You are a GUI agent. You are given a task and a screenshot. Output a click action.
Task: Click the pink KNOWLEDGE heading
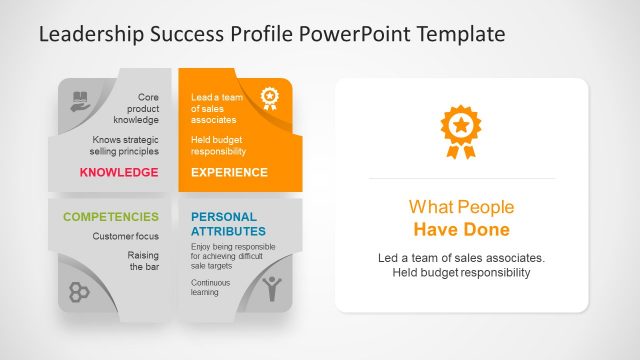click(119, 172)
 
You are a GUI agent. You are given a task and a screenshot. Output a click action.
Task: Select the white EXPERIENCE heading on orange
click(229, 172)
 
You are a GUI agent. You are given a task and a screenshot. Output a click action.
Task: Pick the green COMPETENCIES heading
click(110, 216)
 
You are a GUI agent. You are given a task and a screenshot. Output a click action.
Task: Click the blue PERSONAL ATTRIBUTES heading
click(224, 223)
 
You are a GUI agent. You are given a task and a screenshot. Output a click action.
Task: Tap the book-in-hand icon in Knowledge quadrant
click(81, 100)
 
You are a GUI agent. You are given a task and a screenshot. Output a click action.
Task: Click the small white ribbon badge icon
click(269, 98)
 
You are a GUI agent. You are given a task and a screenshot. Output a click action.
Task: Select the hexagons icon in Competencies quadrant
click(81, 291)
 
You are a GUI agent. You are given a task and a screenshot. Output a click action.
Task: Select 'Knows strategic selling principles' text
click(125, 145)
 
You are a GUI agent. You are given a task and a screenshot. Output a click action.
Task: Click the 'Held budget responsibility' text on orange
click(218, 145)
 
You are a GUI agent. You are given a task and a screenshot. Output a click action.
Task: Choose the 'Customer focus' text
click(125, 237)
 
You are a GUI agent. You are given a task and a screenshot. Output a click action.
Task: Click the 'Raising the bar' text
click(142, 261)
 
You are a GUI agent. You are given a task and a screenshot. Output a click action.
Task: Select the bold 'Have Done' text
click(461, 230)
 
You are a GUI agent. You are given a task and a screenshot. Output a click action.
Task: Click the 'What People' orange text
click(461, 207)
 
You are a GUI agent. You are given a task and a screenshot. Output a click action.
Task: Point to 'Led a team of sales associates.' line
click(461, 257)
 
